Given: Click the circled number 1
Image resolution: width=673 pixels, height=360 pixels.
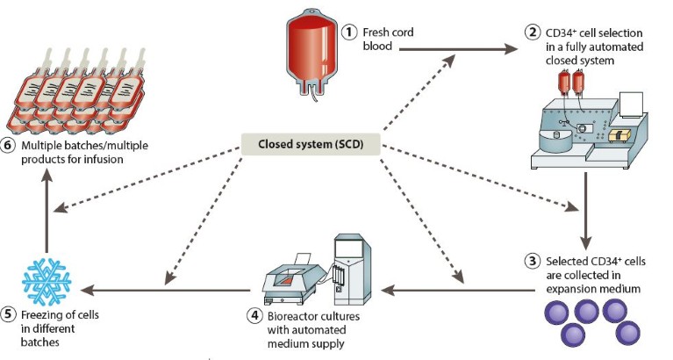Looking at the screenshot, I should (x=349, y=32).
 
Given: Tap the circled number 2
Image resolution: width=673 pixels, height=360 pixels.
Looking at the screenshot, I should (x=532, y=33).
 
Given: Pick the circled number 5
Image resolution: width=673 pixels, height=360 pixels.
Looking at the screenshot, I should (x=9, y=314).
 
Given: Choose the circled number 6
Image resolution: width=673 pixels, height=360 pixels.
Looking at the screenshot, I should (x=9, y=145).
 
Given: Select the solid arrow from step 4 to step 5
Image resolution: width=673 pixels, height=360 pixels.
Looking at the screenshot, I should (x=167, y=289).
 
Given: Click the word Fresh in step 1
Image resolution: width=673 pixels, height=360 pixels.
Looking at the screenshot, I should (x=380, y=32).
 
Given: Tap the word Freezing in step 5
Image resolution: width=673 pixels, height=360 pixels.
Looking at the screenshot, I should (x=44, y=314).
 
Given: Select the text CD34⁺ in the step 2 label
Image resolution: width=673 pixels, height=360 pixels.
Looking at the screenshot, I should (x=562, y=33).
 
